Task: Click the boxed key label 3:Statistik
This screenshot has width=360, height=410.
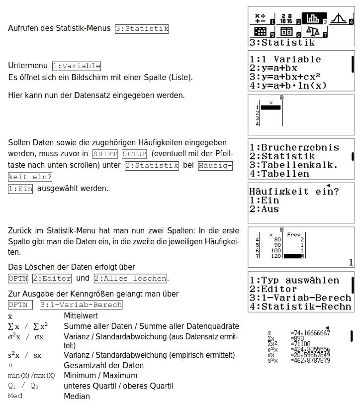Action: click(x=142, y=28)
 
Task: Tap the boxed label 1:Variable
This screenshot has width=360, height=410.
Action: click(x=77, y=66)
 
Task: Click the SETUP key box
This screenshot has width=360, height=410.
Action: click(x=134, y=154)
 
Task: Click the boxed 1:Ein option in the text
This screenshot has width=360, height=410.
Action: click(x=20, y=189)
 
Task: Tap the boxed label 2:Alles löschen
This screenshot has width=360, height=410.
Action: click(x=130, y=278)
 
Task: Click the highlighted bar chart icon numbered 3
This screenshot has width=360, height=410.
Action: click(x=313, y=18)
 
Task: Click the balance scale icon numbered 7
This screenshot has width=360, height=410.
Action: click(x=313, y=32)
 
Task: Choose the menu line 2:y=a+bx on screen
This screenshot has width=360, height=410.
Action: click(x=273, y=68)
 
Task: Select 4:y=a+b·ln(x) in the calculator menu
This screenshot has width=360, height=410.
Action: click(x=288, y=85)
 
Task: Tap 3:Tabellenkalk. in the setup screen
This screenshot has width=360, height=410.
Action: click(x=294, y=165)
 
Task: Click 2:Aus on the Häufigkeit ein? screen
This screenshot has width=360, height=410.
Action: click(x=264, y=209)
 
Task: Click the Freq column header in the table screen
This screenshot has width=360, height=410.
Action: click(x=294, y=234)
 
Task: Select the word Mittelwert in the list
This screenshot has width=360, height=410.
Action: click(x=81, y=316)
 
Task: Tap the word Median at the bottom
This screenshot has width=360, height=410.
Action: click(x=77, y=396)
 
